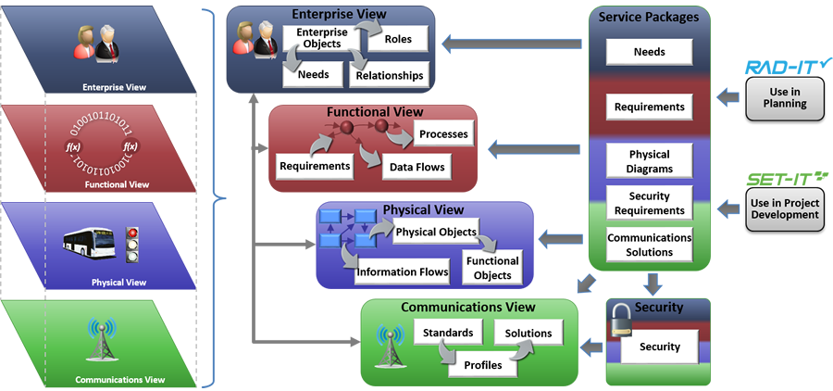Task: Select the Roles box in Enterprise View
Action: [397, 39]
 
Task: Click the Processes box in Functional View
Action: [443, 134]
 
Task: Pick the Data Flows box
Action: [416, 167]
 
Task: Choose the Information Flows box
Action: [402, 271]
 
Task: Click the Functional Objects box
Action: [492, 268]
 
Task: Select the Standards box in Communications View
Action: [448, 333]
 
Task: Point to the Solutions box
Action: [528, 333]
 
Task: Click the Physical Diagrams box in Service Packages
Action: [649, 161]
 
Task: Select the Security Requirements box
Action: [649, 203]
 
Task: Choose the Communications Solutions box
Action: [649, 245]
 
